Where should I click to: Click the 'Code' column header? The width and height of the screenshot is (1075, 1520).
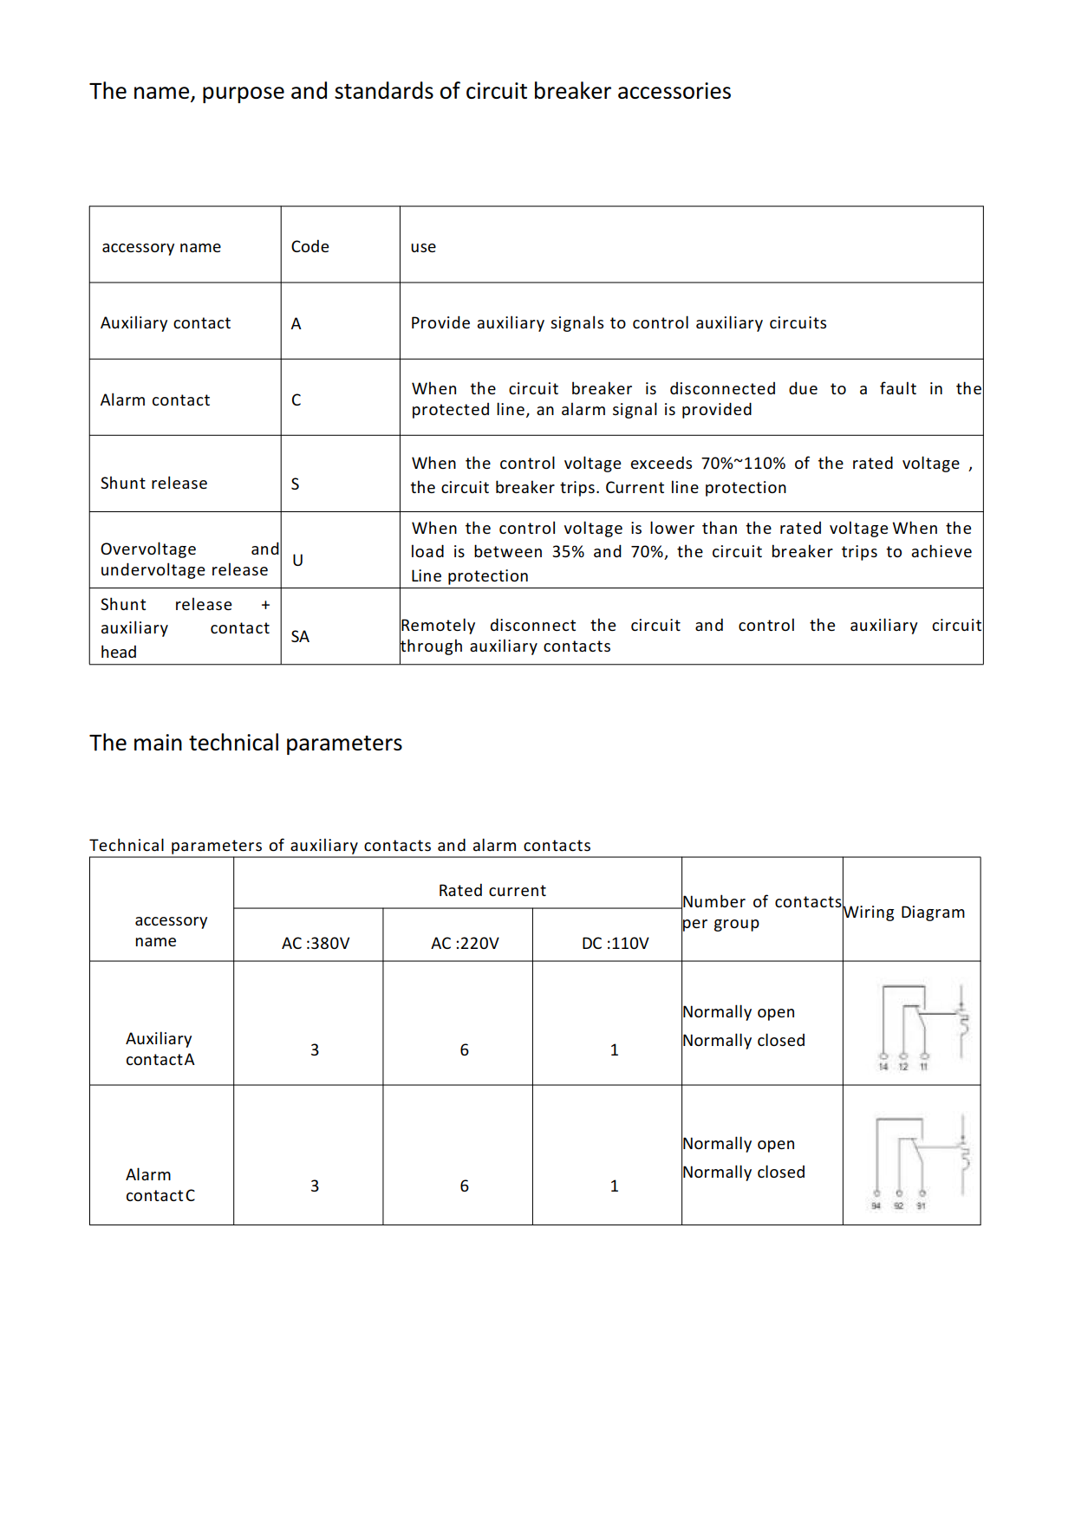309,247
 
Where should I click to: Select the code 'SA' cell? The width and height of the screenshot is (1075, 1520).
300,637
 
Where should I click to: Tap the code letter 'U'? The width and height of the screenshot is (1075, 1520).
297,561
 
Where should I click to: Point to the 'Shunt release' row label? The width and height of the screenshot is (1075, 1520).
153,484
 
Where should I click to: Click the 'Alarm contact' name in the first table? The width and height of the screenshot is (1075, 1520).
155,400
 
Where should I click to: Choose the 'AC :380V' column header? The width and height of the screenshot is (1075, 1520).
316,944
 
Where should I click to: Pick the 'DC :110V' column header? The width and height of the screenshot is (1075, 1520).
615,944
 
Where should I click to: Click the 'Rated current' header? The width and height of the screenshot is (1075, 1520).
492,891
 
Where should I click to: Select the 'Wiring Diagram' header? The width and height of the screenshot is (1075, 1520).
904,913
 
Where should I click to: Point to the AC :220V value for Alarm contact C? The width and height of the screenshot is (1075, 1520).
465,1186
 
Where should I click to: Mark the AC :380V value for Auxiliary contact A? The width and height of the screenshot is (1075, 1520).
315,1050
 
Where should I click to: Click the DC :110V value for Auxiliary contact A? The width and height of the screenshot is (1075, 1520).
615,1050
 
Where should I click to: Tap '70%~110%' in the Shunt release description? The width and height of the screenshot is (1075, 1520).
743,464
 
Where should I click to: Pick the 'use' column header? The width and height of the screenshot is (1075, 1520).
423,247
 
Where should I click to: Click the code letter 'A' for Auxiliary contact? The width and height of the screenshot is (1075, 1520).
296,324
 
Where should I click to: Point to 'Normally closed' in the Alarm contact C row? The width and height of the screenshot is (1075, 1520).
744,1172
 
